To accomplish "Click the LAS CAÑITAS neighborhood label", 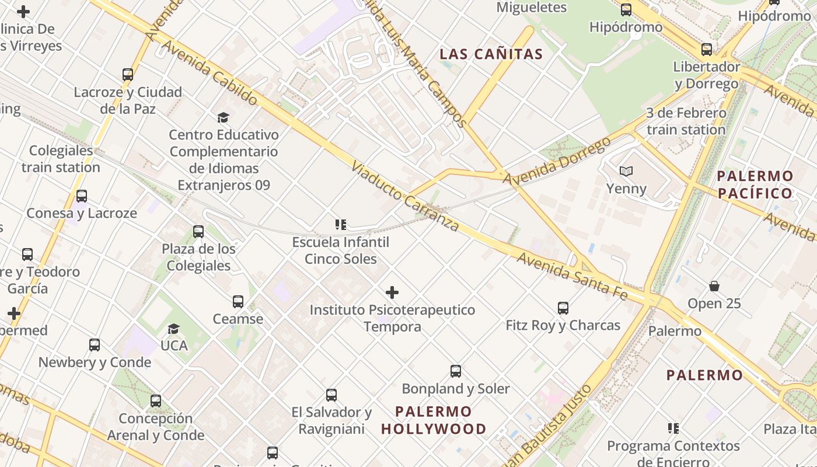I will pyautogui.click(x=491, y=54).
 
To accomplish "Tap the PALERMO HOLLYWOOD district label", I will pyautogui.click(x=433, y=420).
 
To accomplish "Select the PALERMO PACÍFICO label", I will pyautogui.click(x=755, y=184).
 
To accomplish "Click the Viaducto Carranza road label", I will pyautogui.click(x=404, y=197).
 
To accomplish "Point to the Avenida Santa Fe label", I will pyautogui.click(x=572, y=276).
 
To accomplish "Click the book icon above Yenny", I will pyautogui.click(x=626, y=172).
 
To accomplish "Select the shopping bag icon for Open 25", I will pyautogui.click(x=714, y=286).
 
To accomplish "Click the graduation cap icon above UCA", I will pyautogui.click(x=174, y=329).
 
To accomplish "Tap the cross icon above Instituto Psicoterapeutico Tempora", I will pyautogui.click(x=392, y=292).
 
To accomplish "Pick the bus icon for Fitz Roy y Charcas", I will pyautogui.click(x=563, y=308).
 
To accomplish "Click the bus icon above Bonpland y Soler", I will pyautogui.click(x=455, y=371).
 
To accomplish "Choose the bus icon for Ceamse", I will pyautogui.click(x=238, y=302).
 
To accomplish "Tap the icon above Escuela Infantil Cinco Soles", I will pyautogui.click(x=341, y=225).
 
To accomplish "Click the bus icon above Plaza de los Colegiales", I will pyautogui.click(x=198, y=232).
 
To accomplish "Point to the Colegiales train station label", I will pyautogui.click(x=61, y=159).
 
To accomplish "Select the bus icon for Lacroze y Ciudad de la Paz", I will pyautogui.click(x=127, y=75).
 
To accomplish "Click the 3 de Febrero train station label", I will pyautogui.click(x=686, y=121).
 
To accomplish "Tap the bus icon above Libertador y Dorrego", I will pyautogui.click(x=706, y=50).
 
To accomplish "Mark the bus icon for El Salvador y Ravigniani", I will pyautogui.click(x=331, y=395).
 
